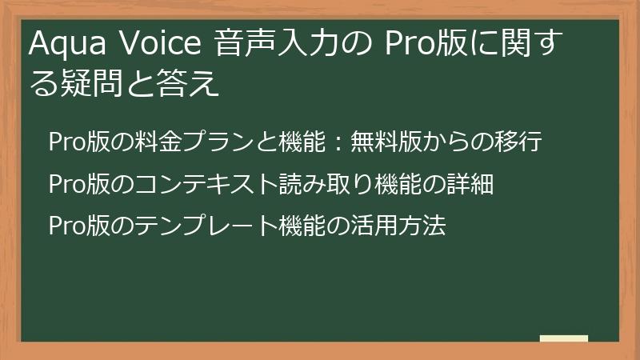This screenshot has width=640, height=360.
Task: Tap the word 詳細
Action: pyautogui.click(x=472, y=185)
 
